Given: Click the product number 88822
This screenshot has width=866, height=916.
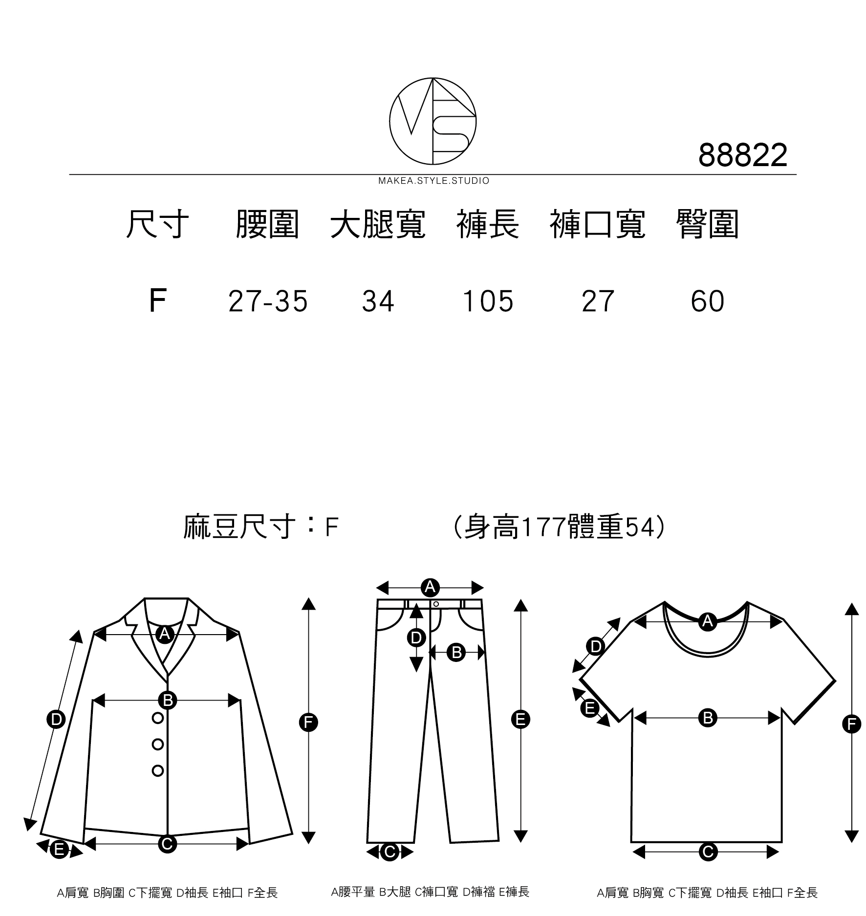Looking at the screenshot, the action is click(742, 155).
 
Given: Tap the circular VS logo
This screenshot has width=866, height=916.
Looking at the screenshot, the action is click(433, 120).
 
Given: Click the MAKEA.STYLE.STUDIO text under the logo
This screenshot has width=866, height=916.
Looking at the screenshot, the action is click(433, 181).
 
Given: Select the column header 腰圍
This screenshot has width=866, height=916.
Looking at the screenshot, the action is click(267, 225).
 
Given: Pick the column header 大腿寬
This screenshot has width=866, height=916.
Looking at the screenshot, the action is click(378, 225).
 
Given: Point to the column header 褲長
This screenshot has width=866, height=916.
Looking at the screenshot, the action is click(488, 225).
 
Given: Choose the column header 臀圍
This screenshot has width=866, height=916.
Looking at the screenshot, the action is click(707, 225).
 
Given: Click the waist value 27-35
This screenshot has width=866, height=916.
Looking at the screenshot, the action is click(268, 301).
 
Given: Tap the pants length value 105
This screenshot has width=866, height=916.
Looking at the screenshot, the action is click(488, 301).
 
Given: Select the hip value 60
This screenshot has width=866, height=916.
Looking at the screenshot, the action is click(707, 301).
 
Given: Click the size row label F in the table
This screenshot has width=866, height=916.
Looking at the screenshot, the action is click(157, 301).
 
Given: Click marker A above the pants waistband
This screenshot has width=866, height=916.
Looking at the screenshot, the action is click(430, 587).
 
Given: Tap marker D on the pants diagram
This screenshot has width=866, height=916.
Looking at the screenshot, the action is click(416, 638).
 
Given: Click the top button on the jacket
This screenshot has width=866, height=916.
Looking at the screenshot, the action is click(157, 718).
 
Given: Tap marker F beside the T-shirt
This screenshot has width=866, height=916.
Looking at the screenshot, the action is click(851, 724).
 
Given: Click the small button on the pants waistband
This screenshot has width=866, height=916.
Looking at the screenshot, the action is click(436, 604).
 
